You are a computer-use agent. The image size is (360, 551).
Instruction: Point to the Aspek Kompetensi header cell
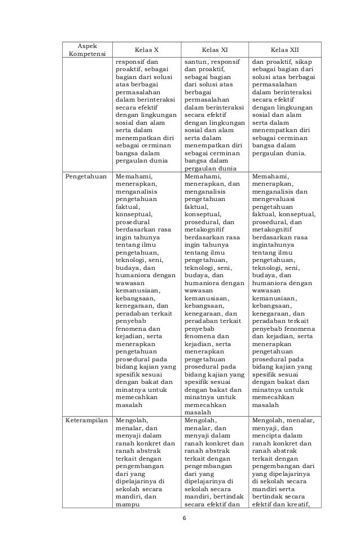point(86,50)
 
